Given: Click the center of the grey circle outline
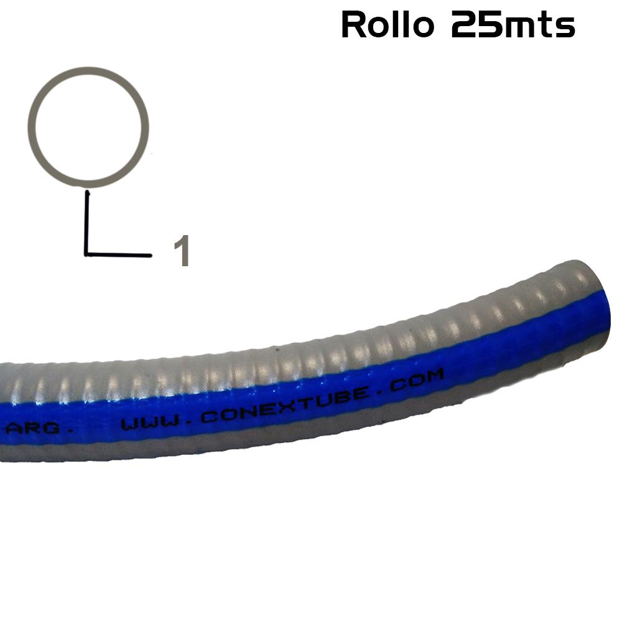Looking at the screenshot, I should [x=88, y=127].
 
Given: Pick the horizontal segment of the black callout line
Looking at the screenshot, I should [x=118, y=254].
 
